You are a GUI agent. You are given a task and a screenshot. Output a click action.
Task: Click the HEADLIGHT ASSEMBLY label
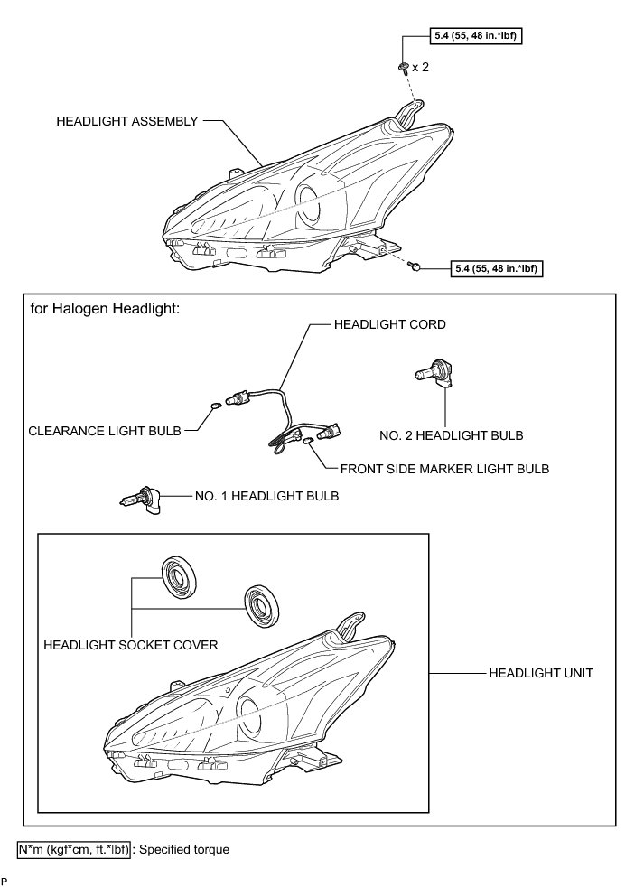(126, 120)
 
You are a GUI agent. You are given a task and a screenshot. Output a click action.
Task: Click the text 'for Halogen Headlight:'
(106, 308)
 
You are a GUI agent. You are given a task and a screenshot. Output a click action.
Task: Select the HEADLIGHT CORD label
(390, 324)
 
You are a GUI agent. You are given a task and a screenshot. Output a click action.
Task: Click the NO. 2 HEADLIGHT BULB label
(452, 435)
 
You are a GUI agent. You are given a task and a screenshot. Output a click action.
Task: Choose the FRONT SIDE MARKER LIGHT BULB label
(444, 470)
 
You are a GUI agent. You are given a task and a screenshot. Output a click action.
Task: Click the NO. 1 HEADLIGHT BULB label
(266, 496)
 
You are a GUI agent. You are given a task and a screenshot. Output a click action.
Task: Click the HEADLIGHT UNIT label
(540, 673)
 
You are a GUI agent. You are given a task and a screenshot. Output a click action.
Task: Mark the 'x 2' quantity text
(420, 68)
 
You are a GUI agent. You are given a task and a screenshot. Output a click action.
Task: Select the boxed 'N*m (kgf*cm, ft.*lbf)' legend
(73, 850)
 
